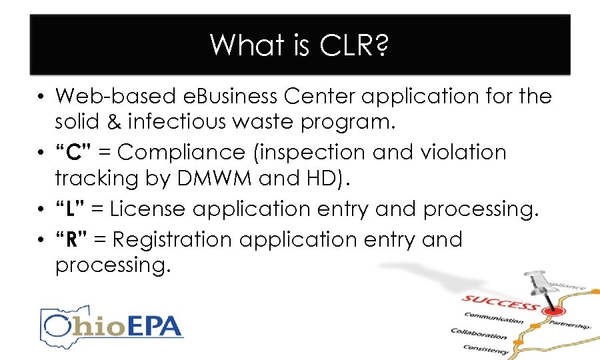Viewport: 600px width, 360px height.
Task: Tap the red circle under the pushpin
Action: [x=551, y=311]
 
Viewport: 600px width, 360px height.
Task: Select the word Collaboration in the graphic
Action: [x=478, y=334]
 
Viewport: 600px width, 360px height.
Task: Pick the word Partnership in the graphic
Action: [x=571, y=325]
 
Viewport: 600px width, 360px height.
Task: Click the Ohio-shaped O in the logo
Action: [x=59, y=327]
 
